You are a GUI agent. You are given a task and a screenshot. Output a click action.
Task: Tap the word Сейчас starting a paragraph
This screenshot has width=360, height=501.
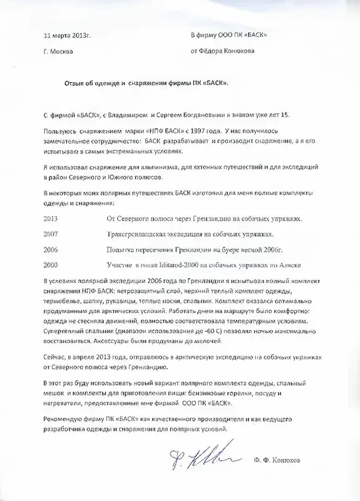57,356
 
